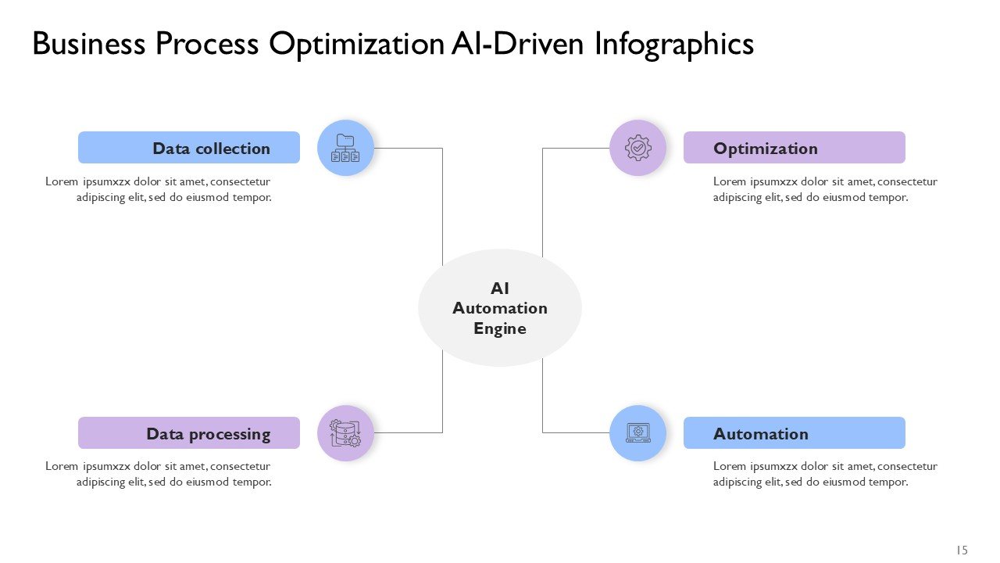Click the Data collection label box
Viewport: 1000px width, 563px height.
click(x=189, y=148)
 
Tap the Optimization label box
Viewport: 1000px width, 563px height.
click(x=794, y=148)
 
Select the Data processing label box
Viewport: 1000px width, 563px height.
click(x=189, y=433)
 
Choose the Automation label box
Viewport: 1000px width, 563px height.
click(x=794, y=433)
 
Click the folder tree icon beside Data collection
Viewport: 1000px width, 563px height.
click(x=345, y=148)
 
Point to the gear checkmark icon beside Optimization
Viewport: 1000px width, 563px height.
click(x=637, y=148)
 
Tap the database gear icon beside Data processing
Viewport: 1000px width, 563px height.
click(x=345, y=433)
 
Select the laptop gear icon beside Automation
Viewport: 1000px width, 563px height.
click(x=637, y=433)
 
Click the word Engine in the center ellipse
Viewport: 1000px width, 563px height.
click(x=500, y=328)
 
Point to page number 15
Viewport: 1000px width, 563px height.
click(x=962, y=550)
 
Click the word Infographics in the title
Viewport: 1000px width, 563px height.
click(x=674, y=45)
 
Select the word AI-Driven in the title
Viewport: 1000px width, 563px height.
click(x=518, y=45)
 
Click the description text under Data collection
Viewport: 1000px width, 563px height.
click(x=159, y=189)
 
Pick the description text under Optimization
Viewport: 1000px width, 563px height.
click(x=824, y=189)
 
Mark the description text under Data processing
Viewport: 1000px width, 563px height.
click(x=159, y=474)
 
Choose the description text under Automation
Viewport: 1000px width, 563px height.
click(x=824, y=474)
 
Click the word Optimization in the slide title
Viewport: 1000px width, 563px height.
click(x=356, y=45)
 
